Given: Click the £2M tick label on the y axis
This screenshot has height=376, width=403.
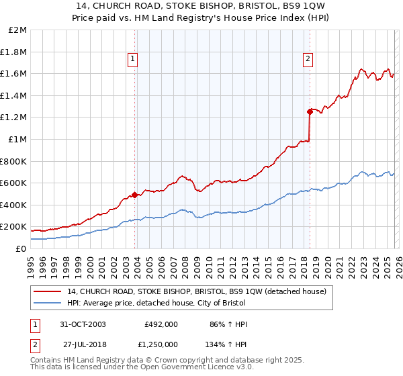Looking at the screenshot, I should click(x=18, y=30).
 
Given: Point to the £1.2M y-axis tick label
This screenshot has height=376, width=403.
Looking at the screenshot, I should click(x=15, y=117).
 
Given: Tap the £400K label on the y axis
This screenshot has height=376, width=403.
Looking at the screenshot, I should click(x=15, y=205).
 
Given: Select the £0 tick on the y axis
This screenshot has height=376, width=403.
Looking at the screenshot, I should click(x=21, y=248).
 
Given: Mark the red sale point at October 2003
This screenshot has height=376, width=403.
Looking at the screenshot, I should click(x=135, y=195).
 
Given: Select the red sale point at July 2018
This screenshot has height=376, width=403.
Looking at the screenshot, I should click(x=310, y=111).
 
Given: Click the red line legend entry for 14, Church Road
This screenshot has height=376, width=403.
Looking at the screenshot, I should click(x=196, y=291).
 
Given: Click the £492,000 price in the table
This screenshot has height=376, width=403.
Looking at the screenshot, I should click(x=161, y=324).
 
